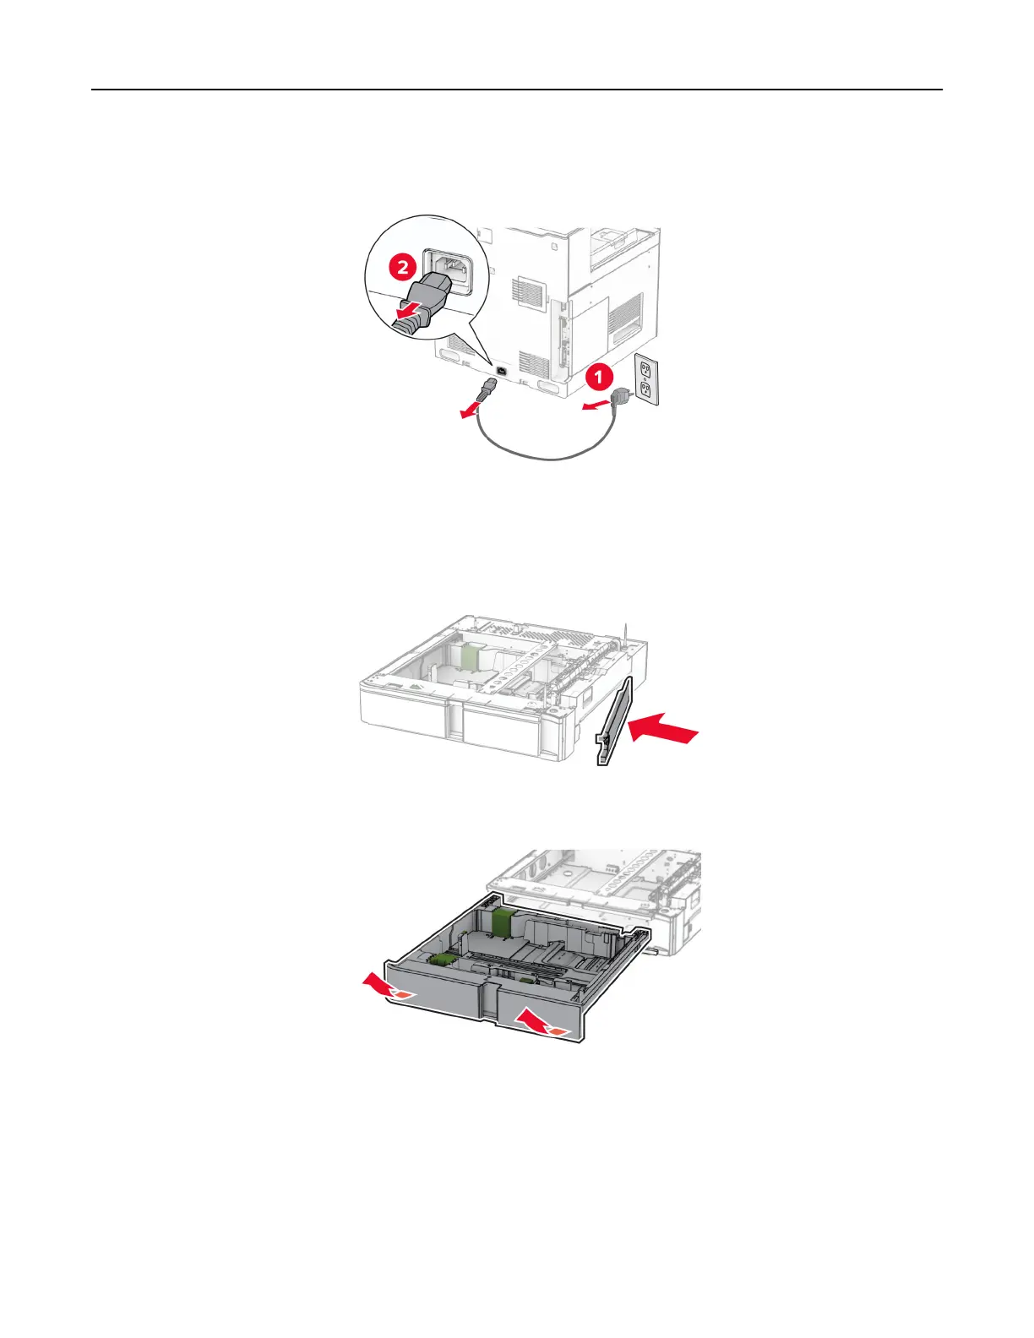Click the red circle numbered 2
403,268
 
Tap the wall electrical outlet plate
647,378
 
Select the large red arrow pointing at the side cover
667,727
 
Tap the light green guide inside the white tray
471,656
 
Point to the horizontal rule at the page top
517,90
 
